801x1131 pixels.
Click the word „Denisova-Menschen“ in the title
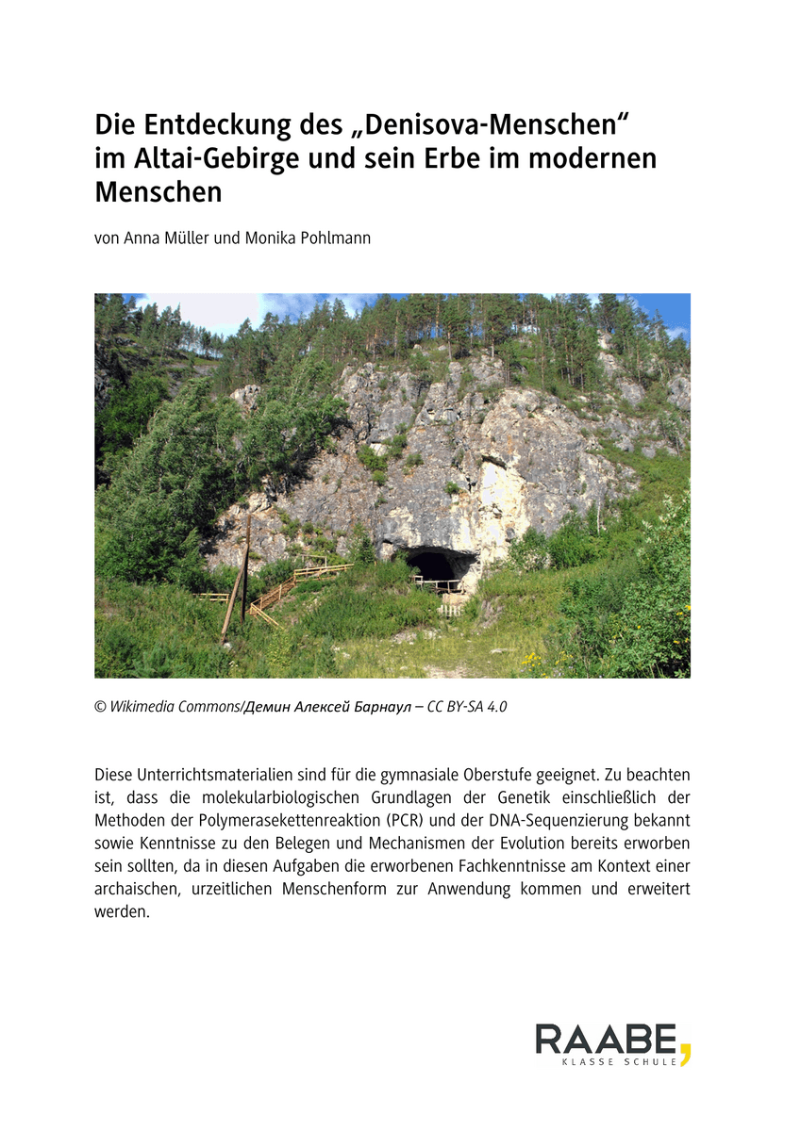click(496, 125)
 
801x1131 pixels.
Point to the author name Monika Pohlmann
click(308, 238)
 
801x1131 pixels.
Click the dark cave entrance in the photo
click(436, 565)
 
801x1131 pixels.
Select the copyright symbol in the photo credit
click(100, 707)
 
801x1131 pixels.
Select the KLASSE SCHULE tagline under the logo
click(619, 1061)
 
